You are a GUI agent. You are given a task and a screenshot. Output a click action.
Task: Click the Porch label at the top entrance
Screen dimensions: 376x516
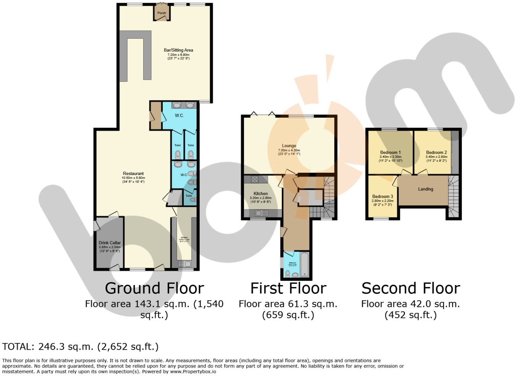point(162,13)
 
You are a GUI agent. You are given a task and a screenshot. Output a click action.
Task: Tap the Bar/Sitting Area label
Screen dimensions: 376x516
point(178,50)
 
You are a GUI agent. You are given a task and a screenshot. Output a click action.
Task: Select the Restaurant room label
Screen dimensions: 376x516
point(133,173)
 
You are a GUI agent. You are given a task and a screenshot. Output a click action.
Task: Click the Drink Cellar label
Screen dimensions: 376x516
point(110,243)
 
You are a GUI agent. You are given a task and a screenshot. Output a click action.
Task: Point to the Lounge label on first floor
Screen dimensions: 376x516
point(289,146)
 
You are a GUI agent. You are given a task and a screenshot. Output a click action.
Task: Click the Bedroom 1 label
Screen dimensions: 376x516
point(390,152)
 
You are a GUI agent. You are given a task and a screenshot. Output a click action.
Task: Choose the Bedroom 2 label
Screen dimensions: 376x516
point(437,152)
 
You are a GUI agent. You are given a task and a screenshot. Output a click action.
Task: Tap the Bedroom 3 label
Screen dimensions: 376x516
point(383,196)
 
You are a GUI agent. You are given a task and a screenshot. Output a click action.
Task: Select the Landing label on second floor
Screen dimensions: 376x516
point(425,189)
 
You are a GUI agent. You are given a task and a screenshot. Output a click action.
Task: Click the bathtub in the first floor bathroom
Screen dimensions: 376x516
point(304,264)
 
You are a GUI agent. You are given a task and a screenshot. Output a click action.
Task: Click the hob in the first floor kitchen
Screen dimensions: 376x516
point(255,179)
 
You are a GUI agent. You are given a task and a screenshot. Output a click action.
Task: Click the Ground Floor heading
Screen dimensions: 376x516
point(154,288)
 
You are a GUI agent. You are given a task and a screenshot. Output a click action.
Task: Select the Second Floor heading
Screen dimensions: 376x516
point(411,288)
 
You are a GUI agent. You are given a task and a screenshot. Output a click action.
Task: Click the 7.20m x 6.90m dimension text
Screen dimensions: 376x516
point(178,55)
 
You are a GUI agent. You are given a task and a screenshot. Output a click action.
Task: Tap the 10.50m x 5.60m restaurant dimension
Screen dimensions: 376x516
point(133,178)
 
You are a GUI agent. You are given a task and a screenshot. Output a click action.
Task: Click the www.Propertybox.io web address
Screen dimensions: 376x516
point(193,371)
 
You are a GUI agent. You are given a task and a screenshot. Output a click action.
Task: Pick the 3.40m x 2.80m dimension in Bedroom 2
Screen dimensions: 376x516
point(437,157)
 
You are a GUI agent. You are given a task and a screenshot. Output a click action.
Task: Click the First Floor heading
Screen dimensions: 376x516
point(288,288)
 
